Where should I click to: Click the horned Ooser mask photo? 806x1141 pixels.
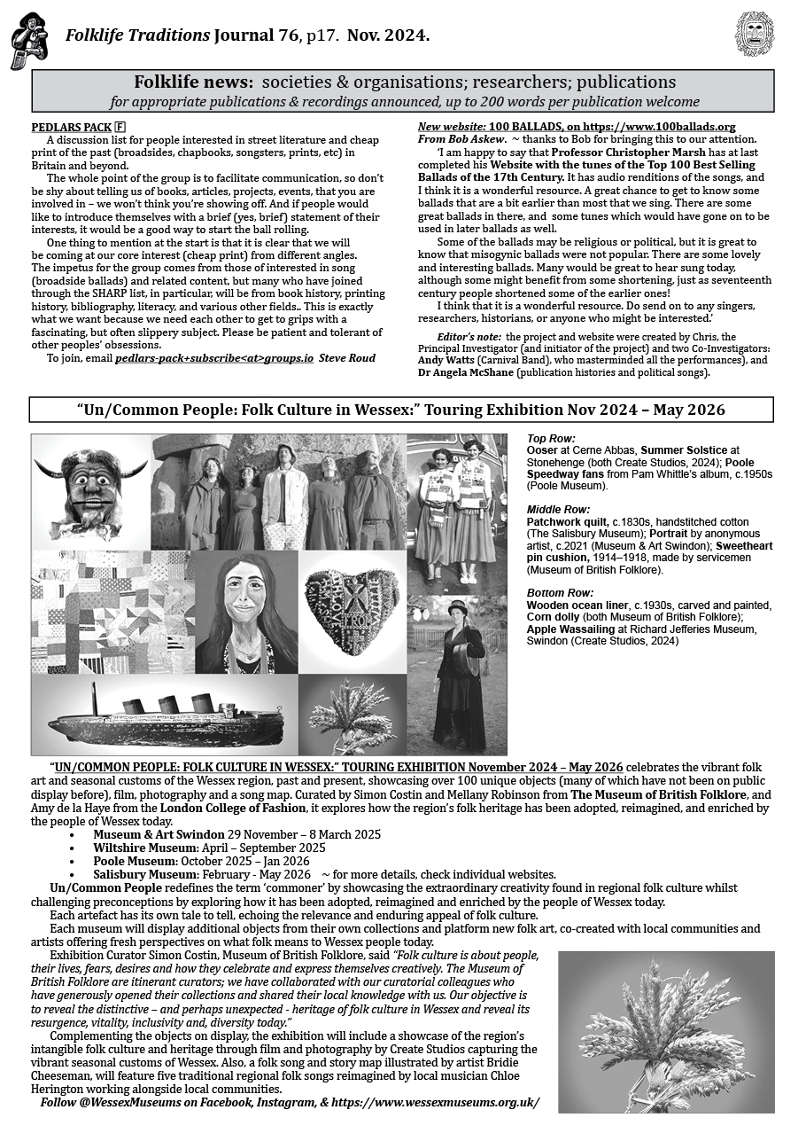(x=91, y=490)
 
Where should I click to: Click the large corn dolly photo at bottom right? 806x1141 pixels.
(x=666, y=1032)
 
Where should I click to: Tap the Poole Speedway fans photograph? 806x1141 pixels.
(x=456, y=511)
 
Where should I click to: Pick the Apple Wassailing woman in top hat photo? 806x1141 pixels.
(x=457, y=674)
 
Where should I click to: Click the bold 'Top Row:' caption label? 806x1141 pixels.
(x=551, y=439)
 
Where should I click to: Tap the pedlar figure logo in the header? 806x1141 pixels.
(x=28, y=41)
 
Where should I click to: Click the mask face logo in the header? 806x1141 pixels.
(x=755, y=35)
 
